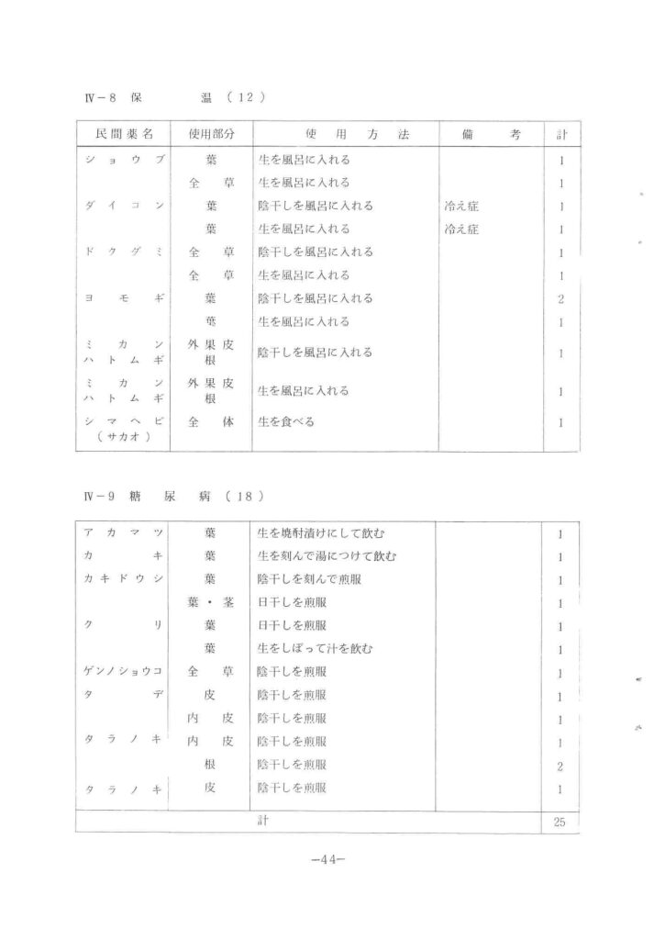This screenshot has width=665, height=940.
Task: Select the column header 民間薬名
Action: pos(123,134)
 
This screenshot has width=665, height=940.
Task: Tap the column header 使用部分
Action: pos(211,134)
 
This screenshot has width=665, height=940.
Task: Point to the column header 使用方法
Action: pos(345,134)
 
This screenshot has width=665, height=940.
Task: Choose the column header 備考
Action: pos(491,134)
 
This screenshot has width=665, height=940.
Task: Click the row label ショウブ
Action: pos(123,160)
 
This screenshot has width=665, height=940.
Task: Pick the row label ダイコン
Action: pos(123,206)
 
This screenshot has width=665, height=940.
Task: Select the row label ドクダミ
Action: pos(123,252)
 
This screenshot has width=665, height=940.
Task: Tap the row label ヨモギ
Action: pos(123,297)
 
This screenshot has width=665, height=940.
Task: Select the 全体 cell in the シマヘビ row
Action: pos(211,422)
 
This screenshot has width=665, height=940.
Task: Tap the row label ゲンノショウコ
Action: pos(123,672)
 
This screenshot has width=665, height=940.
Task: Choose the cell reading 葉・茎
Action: pos(211,602)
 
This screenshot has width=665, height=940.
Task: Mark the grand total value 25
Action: pos(560,822)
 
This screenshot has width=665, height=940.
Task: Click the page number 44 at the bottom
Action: pos(327,860)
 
